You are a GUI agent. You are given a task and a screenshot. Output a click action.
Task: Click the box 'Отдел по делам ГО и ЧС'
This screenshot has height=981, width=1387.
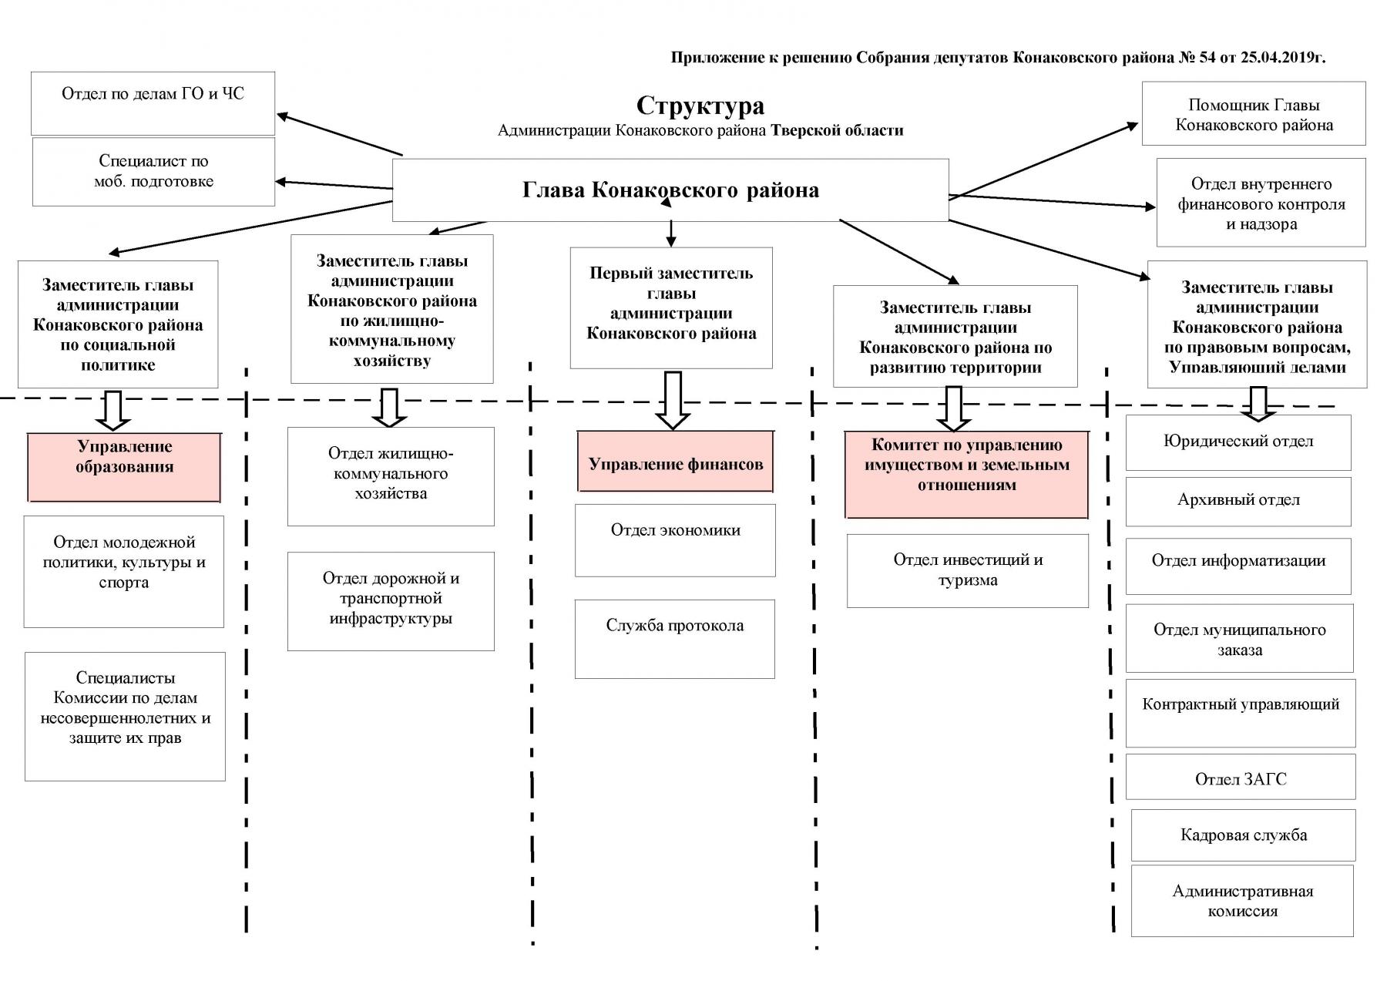click(153, 103)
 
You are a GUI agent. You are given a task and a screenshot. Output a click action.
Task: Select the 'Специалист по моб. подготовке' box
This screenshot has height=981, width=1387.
click(153, 172)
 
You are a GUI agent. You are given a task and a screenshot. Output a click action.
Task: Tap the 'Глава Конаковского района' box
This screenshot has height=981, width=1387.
click(670, 190)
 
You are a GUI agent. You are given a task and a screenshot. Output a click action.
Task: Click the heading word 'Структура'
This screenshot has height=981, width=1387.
click(700, 106)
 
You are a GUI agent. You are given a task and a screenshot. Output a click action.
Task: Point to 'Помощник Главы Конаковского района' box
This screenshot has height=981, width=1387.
click(1253, 114)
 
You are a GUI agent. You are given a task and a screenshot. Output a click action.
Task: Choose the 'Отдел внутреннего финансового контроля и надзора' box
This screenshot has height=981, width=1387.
click(1261, 203)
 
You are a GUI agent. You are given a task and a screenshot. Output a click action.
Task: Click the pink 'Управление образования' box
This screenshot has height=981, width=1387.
click(124, 467)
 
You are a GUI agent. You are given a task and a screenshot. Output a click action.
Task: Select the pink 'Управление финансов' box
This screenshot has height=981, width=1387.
click(675, 462)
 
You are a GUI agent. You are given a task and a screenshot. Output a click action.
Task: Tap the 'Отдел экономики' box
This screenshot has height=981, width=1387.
click(675, 539)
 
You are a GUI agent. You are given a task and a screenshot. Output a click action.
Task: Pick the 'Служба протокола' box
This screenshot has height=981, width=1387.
click(674, 638)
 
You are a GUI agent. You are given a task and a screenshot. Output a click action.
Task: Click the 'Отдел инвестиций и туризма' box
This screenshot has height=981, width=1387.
click(967, 570)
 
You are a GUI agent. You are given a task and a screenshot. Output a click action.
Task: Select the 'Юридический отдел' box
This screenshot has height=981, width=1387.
click(1238, 442)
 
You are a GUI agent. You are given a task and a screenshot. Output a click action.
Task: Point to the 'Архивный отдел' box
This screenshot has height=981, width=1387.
click(1238, 501)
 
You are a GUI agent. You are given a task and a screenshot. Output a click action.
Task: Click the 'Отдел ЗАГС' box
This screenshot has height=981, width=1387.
click(1240, 777)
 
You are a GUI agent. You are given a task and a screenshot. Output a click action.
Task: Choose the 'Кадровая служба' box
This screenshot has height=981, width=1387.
click(1243, 835)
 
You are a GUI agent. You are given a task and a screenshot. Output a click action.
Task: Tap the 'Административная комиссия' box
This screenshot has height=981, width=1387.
click(1241, 901)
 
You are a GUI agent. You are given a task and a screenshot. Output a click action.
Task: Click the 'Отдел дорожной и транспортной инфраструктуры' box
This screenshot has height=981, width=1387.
click(391, 600)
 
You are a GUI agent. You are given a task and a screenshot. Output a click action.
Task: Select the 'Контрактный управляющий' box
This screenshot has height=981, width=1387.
click(1240, 712)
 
